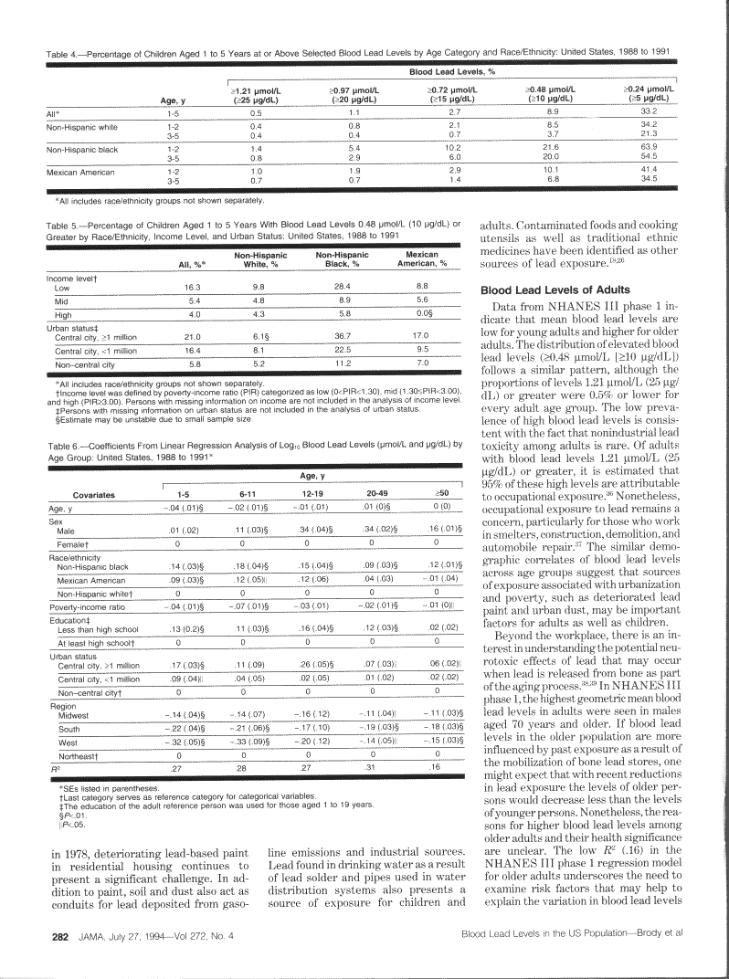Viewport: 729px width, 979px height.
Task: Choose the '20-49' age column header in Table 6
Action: pos(376,492)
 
